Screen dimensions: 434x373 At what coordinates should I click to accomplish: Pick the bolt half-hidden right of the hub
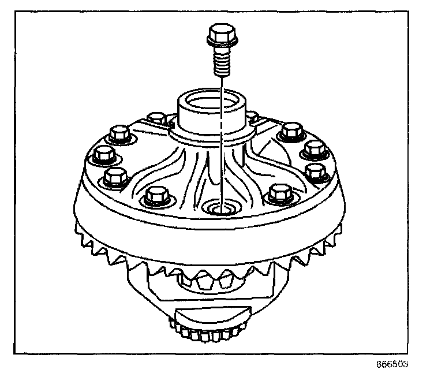253,118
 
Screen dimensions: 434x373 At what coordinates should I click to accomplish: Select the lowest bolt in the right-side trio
315,171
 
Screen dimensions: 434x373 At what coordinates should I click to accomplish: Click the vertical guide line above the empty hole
220,144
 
